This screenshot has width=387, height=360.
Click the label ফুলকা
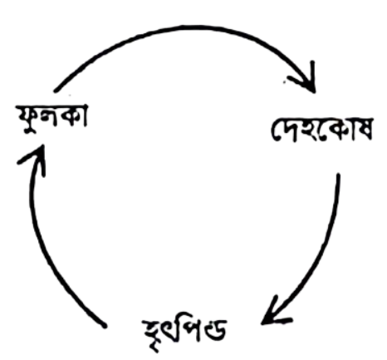[x=52, y=119]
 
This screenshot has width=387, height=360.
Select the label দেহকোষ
[x=321, y=130]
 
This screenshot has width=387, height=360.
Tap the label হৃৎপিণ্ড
[x=185, y=333]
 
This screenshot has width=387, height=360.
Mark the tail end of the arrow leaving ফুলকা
[x=56, y=90]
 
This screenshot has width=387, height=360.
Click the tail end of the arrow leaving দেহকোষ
[x=338, y=175]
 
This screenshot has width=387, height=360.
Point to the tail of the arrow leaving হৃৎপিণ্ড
[x=105, y=326]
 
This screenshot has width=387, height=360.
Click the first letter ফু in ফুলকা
[x=27, y=120]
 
